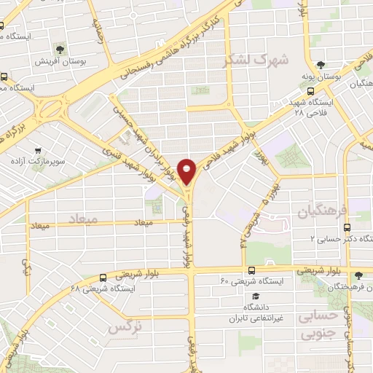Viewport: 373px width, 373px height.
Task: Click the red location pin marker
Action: (187, 172)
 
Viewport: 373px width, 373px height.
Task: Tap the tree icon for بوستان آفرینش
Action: (59, 50)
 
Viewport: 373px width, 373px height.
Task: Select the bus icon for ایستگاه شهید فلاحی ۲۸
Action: (311, 91)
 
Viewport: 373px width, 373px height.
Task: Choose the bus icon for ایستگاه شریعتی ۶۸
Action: (102, 277)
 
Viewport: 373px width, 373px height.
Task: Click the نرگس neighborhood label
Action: (124, 328)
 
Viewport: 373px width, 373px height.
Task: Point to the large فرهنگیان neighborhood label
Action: (319, 211)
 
